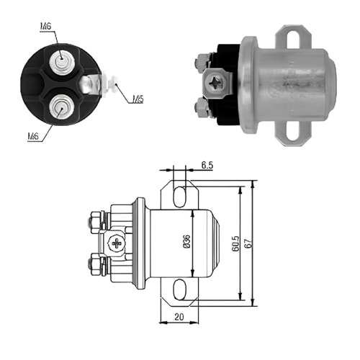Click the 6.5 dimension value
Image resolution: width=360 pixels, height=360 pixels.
[x=207, y=165]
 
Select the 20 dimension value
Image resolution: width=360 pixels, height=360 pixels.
[x=179, y=317]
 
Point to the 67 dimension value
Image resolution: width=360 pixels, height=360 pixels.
[x=248, y=243]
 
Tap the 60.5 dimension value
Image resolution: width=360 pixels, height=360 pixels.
[x=235, y=243]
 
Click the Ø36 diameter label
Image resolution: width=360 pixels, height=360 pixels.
[x=186, y=241]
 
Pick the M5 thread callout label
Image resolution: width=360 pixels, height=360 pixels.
[x=138, y=99]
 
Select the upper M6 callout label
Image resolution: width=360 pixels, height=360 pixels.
[x=45, y=26]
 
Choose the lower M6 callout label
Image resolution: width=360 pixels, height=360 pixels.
[x=33, y=136]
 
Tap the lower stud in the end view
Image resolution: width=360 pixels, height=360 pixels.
[x=61, y=107]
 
